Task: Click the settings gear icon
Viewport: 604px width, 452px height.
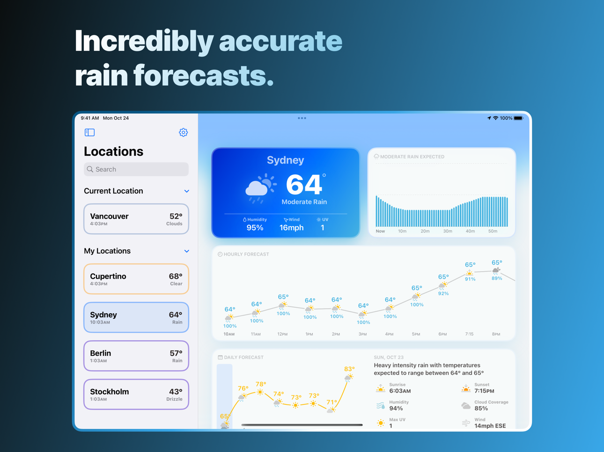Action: pos(183,133)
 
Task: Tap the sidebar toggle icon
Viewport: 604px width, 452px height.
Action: pos(89,133)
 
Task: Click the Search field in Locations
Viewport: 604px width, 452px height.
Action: pos(136,169)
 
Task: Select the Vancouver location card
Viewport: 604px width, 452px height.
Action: pos(136,219)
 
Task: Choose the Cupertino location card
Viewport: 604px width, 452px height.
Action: pos(136,279)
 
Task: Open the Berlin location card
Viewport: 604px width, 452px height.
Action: pos(136,356)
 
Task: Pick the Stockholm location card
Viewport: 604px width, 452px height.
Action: pos(136,394)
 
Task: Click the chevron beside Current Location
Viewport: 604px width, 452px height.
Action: pos(187,191)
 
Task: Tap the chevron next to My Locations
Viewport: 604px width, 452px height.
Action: pos(187,251)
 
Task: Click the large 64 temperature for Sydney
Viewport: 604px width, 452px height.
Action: pos(304,184)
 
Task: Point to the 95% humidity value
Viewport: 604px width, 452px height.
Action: pos(255,228)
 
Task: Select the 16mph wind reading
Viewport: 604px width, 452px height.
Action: pos(291,228)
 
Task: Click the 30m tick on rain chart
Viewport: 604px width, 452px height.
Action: pos(448,231)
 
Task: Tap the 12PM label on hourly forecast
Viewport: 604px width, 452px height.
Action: pos(282,334)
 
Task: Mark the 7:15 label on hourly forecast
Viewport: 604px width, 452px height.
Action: pos(469,334)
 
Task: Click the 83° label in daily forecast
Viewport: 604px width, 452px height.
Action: pos(349,369)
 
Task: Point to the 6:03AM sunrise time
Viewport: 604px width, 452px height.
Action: pos(400,391)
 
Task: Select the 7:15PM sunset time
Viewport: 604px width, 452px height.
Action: pos(484,391)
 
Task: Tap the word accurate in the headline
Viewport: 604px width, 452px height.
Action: pos(280,41)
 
